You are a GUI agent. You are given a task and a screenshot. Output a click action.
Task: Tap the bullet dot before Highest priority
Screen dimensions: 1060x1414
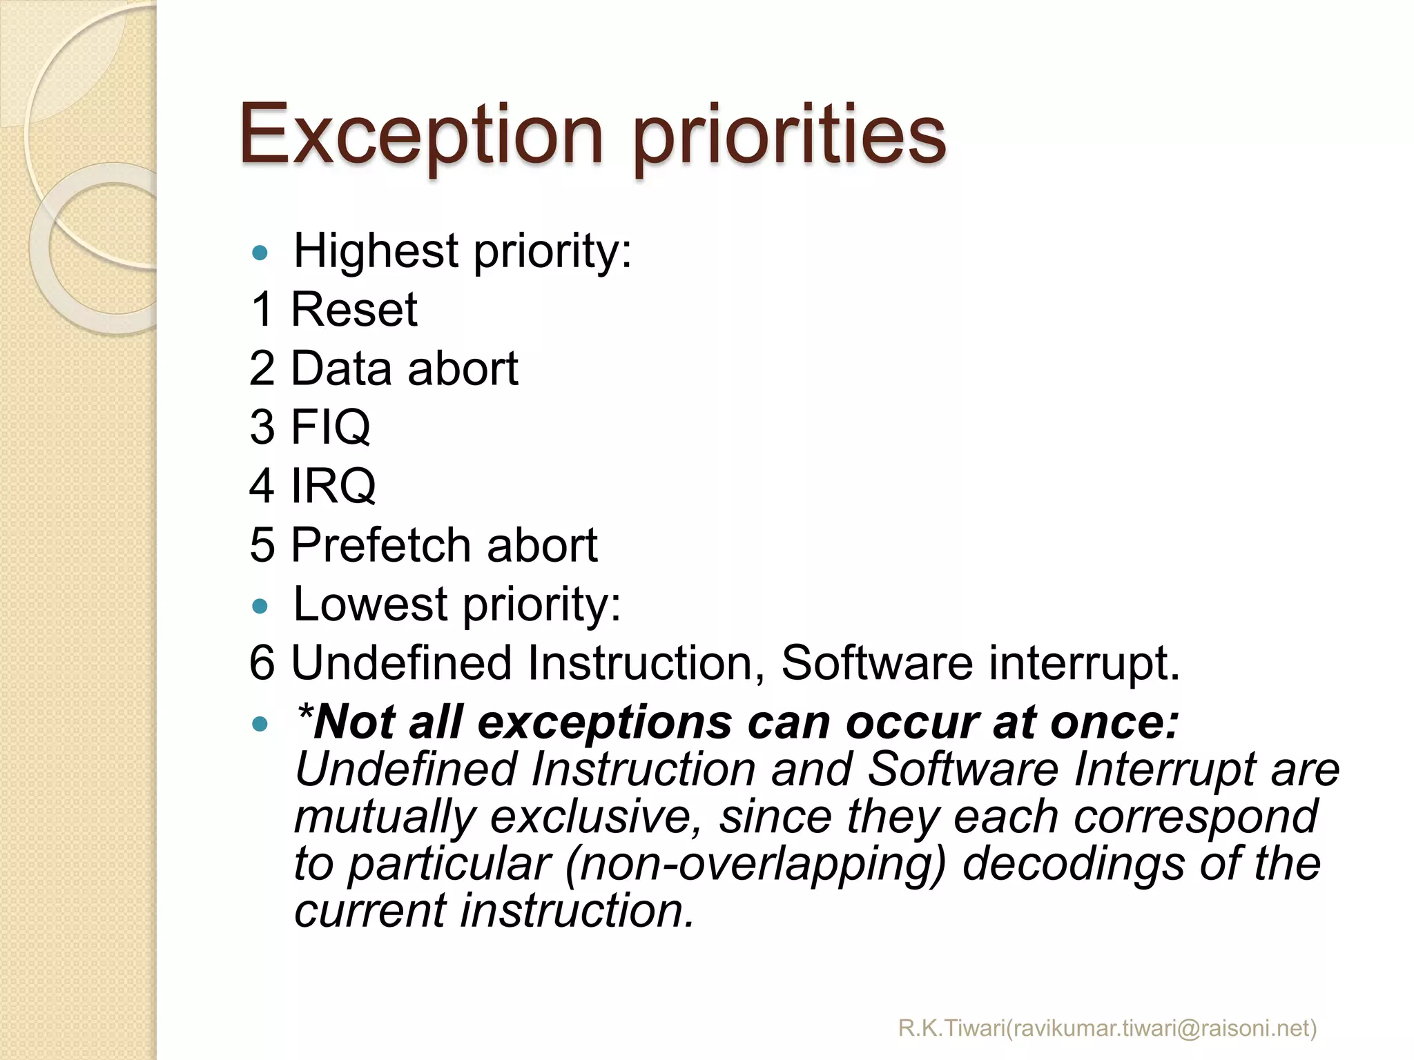pyautogui.click(x=260, y=253)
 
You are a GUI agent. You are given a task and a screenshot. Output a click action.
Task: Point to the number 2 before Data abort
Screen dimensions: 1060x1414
pyautogui.click(x=262, y=369)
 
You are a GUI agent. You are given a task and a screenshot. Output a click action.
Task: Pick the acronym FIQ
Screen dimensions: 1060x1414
pyautogui.click(x=331, y=427)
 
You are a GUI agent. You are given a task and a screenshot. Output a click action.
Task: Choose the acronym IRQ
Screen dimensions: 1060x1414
pyautogui.click(x=333, y=486)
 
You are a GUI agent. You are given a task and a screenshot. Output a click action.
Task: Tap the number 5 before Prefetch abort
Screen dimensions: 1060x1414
pyautogui.click(x=262, y=545)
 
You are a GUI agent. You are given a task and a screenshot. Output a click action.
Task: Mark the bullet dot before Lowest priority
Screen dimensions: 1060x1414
pyautogui.click(x=260, y=607)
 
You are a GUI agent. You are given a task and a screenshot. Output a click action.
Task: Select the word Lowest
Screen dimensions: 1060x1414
pyautogui.click(x=371, y=605)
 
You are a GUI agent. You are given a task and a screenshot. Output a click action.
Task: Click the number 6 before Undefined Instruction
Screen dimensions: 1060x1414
pyautogui.click(x=262, y=663)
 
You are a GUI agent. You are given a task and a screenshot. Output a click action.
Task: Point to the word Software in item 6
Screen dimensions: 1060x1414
pyautogui.click(x=875, y=663)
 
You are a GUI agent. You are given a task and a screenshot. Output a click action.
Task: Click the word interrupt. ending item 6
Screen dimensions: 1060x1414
pyautogui.click(x=1084, y=663)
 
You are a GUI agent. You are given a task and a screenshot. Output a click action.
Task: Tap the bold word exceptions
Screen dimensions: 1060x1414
pyautogui.click(x=605, y=723)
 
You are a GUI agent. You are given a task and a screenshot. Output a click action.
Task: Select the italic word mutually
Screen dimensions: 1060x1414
pyautogui.click(x=385, y=818)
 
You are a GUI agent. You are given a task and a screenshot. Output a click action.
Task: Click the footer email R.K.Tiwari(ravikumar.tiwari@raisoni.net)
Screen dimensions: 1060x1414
pyautogui.click(x=1107, y=1028)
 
